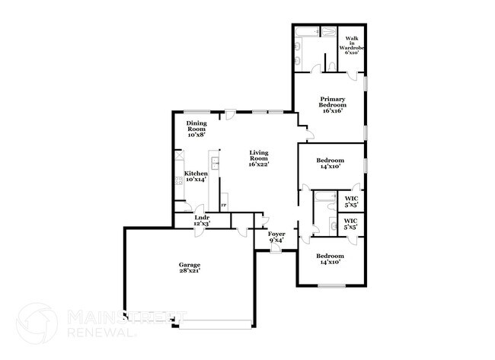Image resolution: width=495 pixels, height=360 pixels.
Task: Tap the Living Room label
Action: pos(259,158)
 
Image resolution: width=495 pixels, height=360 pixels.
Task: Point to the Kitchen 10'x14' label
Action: pos(196,176)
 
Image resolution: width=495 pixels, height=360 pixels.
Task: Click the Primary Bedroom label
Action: pos(332,104)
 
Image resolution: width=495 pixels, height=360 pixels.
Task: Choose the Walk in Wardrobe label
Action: pos(353,45)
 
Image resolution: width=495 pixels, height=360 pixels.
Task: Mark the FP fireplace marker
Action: pos(223,205)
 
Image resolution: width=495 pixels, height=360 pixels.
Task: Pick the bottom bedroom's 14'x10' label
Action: pos(331,259)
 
